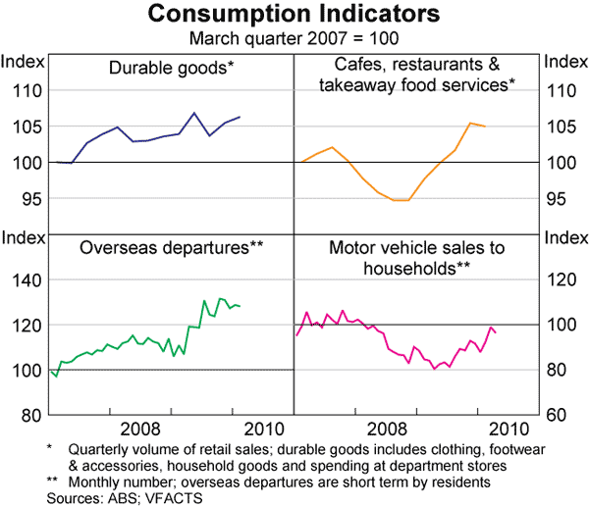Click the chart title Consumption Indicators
pos(294,16)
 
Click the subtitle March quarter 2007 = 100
pos(294,38)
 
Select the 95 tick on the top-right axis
pos(559,199)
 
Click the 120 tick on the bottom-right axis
pos(559,280)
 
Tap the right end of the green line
pos(241,307)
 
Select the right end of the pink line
pos(496,333)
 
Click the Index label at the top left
pos(23,62)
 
